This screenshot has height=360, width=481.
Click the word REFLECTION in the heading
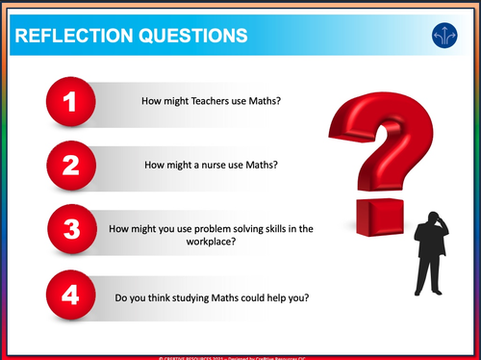tap(70, 37)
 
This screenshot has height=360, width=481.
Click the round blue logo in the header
tap(444, 37)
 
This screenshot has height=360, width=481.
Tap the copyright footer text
tap(240, 356)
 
